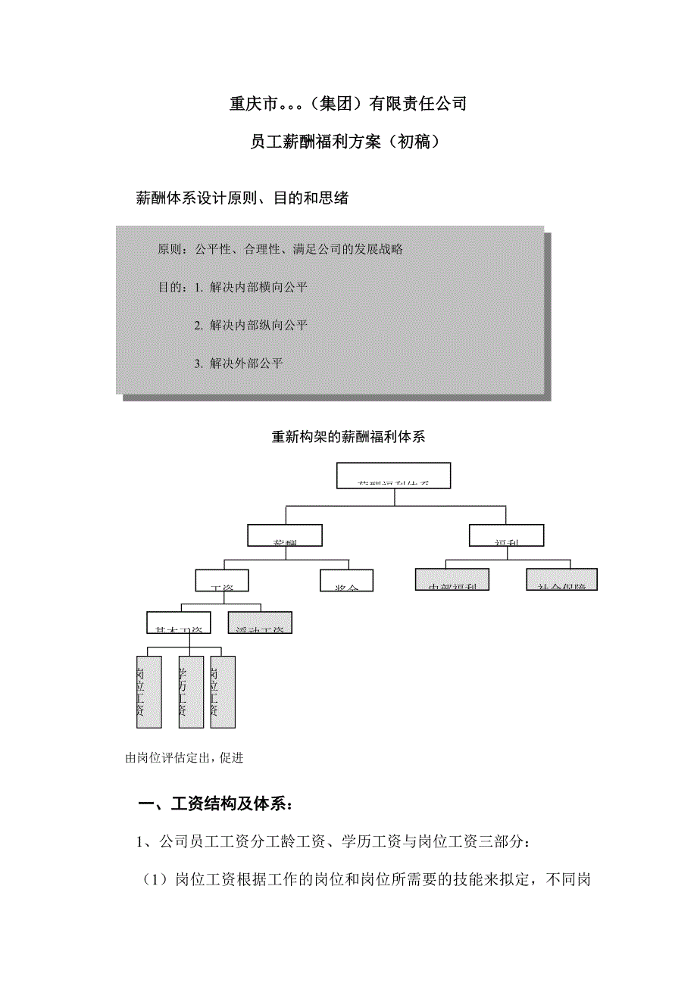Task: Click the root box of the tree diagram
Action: (392, 475)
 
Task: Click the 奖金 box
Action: (345, 580)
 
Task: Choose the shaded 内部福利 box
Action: (452, 579)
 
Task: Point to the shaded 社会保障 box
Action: (562, 579)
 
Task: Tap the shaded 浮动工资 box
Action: (260, 622)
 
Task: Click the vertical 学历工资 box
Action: (191, 692)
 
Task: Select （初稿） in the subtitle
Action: (413, 142)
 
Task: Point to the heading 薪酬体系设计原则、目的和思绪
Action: (242, 198)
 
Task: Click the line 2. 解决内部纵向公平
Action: (250, 326)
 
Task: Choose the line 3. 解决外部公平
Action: (238, 364)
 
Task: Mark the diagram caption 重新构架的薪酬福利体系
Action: (348, 437)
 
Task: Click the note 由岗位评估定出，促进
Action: (184, 758)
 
